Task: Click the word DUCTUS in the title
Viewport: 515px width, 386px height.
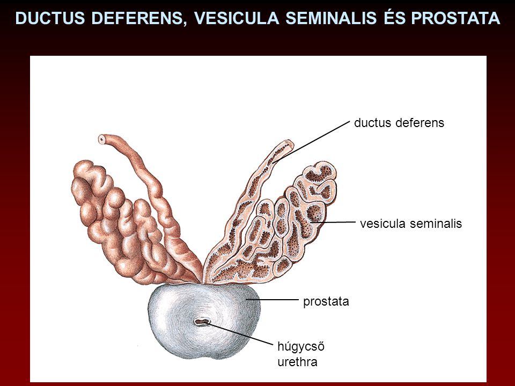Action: click(x=50, y=18)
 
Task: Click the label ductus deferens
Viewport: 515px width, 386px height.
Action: click(x=399, y=123)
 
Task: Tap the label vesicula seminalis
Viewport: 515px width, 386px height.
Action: click(x=411, y=224)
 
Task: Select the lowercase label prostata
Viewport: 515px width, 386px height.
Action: click(x=326, y=302)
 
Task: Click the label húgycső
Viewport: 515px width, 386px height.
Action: click(x=301, y=347)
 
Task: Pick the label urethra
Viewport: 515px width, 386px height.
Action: click(x=298, y=362)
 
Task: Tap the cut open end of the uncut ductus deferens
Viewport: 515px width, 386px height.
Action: click(x=102, y=139)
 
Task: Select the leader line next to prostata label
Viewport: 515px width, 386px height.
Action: click(x=273, y=300)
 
